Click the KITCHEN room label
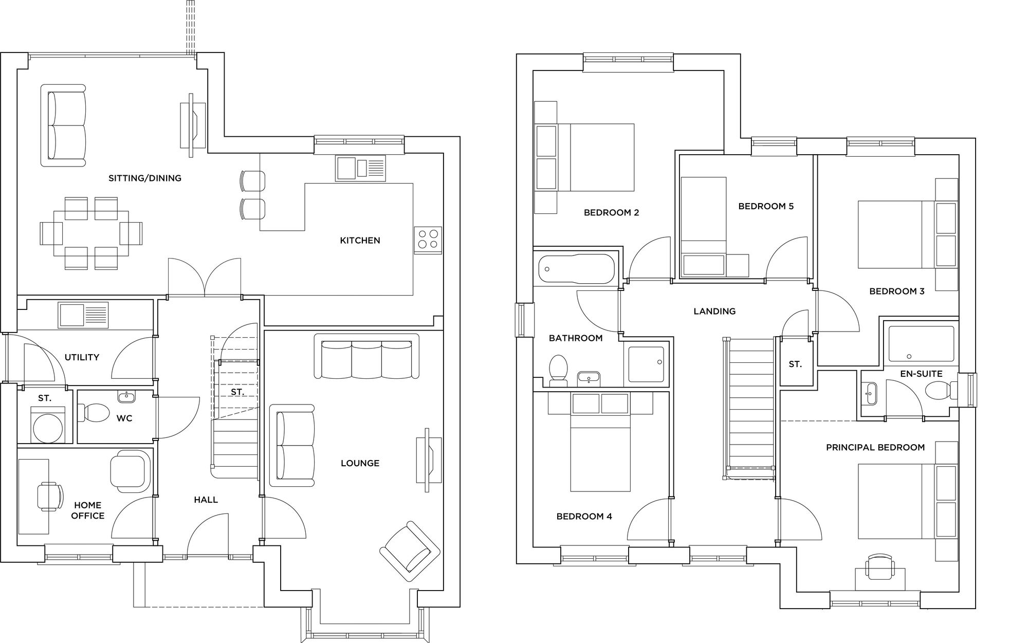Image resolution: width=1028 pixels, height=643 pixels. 360,240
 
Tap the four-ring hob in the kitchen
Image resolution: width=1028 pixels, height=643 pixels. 428,240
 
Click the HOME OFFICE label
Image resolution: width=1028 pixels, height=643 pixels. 87,510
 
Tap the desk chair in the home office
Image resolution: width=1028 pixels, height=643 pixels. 49,497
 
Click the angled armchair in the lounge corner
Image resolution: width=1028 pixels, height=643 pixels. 410,552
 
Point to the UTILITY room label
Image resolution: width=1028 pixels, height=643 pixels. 82,357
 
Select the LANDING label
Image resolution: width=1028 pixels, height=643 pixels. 714,311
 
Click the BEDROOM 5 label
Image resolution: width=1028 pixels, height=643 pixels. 765,206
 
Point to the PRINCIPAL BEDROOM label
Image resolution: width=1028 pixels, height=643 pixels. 875,447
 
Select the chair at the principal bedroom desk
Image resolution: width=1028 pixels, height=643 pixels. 879,567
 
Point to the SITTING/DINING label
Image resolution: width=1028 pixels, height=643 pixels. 144,178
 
